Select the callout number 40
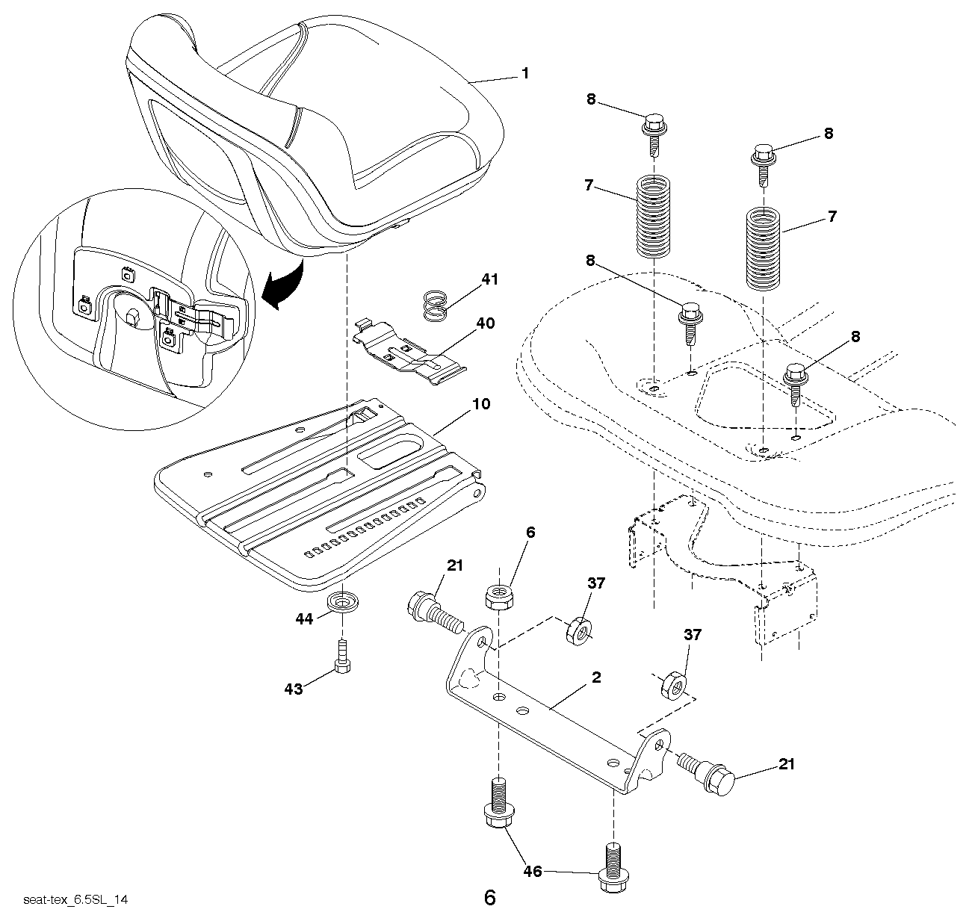[486, 324]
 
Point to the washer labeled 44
[344, 601]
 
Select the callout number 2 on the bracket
[595, 678]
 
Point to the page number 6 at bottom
[489, 897]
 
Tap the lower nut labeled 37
[674, 683]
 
